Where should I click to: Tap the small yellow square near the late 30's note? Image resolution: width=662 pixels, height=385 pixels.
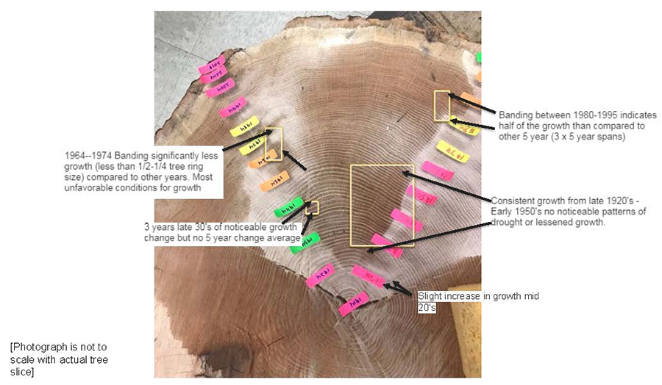point(313,207)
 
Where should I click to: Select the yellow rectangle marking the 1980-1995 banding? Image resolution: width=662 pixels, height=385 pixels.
point(441,106)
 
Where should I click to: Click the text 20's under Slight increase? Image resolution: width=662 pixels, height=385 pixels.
point(427,308)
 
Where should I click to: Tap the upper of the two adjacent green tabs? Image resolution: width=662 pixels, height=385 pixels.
point(289,207)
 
